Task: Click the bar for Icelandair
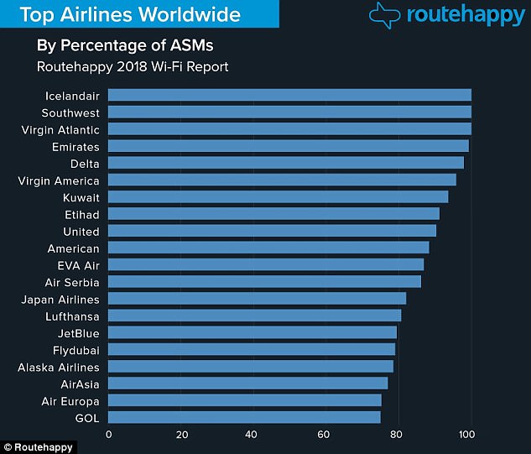[x=289, y=95]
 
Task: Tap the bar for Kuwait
[x=277, y=197]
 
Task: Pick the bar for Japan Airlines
[x=256, y=299]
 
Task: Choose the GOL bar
[x=243, y=417]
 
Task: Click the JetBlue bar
[x=251, y=332]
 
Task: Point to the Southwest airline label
[x=70, y=112]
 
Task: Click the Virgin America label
[x=59, y=180]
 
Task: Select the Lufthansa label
[x=72, y=316]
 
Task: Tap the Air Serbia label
[x=73, y=282]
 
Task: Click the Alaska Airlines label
[x=59, y=367]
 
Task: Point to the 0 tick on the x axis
[x=108, y=434]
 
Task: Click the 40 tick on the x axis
[x=251, y=434]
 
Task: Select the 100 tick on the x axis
[x=466, y=434]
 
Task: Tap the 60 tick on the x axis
[x=323, y=434]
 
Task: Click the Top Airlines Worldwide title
[x=130, y=14]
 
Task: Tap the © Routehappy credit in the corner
[x=38, y=447]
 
